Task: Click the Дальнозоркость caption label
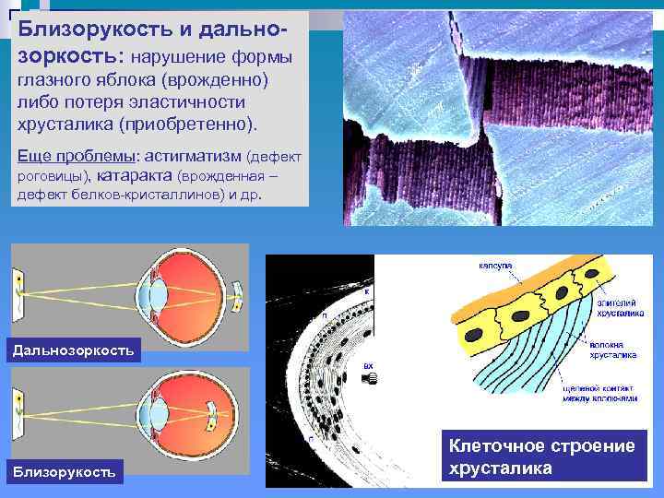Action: pyautogui.click(x=72, y=349)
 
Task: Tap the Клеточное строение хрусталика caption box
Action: pyautogui.click(x=541, y=456)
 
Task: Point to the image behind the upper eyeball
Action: pyautogui.click(x=238, y=295)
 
